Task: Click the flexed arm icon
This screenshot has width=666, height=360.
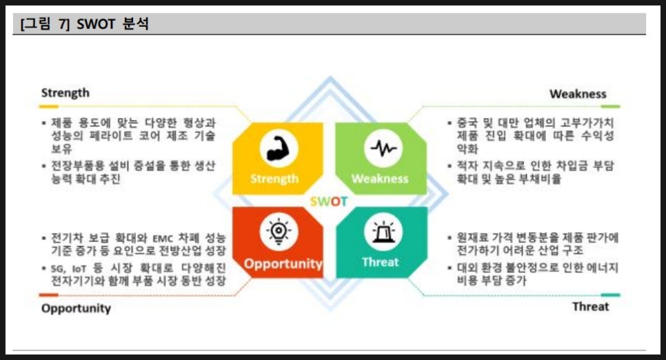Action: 279,149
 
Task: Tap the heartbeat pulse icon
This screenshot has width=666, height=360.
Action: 383,148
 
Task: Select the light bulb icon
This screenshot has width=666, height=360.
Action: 279,232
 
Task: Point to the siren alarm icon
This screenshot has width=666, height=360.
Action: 383,232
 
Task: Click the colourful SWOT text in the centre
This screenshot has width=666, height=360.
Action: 329,201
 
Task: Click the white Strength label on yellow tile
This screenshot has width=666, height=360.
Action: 274,179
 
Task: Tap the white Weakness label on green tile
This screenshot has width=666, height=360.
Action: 380,179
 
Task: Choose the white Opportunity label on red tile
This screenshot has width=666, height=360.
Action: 283,264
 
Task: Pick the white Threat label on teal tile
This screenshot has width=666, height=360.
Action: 381,262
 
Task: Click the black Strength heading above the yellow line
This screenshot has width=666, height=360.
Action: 65,93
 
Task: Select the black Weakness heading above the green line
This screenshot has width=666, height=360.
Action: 578,94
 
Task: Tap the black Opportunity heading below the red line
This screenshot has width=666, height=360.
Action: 76,308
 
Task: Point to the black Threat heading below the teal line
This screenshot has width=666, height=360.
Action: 590,306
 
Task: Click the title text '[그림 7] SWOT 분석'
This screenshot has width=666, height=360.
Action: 85,24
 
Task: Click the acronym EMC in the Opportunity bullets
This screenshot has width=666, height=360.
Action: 161,238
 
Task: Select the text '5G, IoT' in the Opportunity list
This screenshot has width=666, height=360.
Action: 68,269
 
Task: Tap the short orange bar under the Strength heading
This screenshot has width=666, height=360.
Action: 49,106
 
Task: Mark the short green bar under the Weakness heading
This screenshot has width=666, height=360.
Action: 610,106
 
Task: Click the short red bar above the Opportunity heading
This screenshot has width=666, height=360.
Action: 49,295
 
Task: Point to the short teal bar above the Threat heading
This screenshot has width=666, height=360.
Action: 610,295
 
